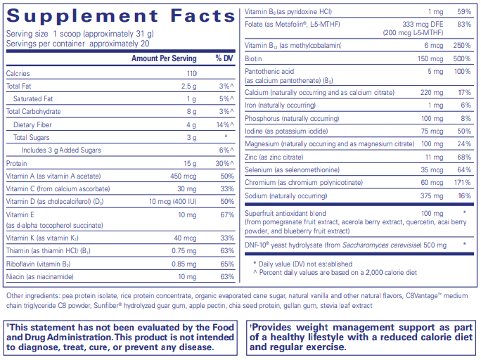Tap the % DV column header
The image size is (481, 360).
pos(224,58)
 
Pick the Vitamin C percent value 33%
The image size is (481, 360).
pos(226,188)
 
